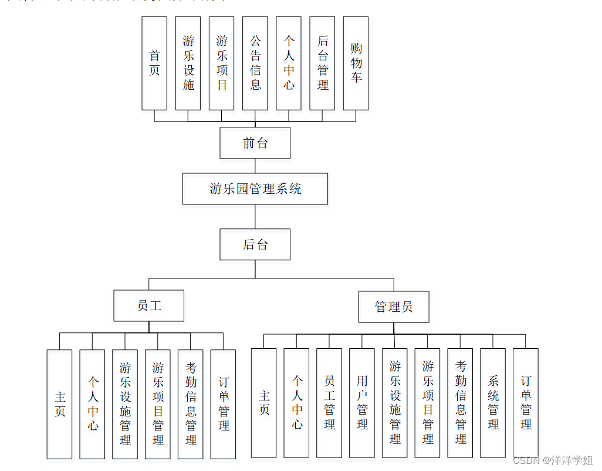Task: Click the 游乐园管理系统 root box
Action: (255, 189)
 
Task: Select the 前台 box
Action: (255, 143)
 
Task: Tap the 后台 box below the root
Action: (255, 244)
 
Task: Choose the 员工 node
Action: (148, 306)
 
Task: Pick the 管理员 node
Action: (394, 307)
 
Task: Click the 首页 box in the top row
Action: (154, 63)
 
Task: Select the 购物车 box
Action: (356, 63)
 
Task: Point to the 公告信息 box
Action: (255, 63)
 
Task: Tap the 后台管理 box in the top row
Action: (322, 63)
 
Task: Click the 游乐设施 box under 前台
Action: (188, 63)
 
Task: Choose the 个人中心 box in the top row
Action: (289, 63)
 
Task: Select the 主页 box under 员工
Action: (60, 404)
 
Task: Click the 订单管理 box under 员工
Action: (223, 404)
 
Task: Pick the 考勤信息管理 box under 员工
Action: (191, 404)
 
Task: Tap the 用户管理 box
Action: (362, 403)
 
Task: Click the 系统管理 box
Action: (493, 403)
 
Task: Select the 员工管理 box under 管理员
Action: (329, 403)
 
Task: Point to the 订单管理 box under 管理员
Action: (526, 403)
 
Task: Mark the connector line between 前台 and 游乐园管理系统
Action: (255, 166)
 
